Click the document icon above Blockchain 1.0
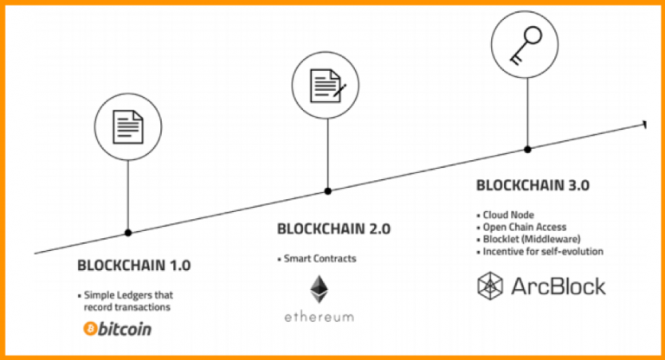point(127,126)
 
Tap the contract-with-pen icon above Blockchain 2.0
point(326,85)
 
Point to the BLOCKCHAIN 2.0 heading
point(333,229)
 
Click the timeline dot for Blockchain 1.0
point(128,233)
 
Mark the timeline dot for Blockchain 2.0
point(326,191)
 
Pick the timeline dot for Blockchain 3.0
point(526,151)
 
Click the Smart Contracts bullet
point(320,258)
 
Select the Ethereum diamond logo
point(319,290)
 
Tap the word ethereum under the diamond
point(319,318)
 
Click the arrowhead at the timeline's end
point(644,125)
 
